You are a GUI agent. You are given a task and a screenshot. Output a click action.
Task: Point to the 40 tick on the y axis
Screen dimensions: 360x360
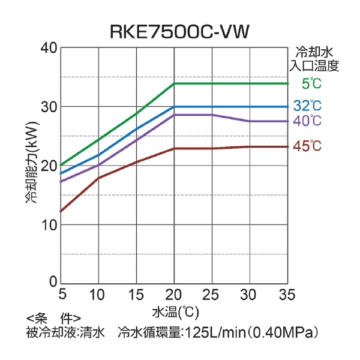point(49,48)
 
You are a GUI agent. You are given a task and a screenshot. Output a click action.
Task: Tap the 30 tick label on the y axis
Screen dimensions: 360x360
point(49,107)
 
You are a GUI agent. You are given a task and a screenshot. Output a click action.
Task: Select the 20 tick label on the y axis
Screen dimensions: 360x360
point(49,166)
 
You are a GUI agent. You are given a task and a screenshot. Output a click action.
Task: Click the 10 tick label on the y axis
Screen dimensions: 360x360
point(49,224)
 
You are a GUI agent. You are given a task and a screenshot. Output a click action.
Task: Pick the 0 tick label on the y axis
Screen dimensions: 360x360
point(53,283)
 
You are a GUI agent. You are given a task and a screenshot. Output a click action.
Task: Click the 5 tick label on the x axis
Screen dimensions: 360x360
point(61,295)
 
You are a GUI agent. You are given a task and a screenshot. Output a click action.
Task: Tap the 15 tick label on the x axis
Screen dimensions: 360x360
point(136,295)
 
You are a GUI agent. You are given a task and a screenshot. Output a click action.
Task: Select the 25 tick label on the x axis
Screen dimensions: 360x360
point(211,295)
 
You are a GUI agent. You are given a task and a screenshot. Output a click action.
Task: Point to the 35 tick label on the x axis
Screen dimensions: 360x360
point(286,295)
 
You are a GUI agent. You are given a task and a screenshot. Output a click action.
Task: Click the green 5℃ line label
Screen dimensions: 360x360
point(312,83)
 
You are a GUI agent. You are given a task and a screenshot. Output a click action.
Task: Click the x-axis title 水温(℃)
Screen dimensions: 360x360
point(175,312)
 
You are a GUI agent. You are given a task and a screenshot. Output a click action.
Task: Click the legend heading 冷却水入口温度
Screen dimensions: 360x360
point(315,59)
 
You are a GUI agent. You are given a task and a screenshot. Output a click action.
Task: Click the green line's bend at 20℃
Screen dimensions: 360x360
point(174,83)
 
